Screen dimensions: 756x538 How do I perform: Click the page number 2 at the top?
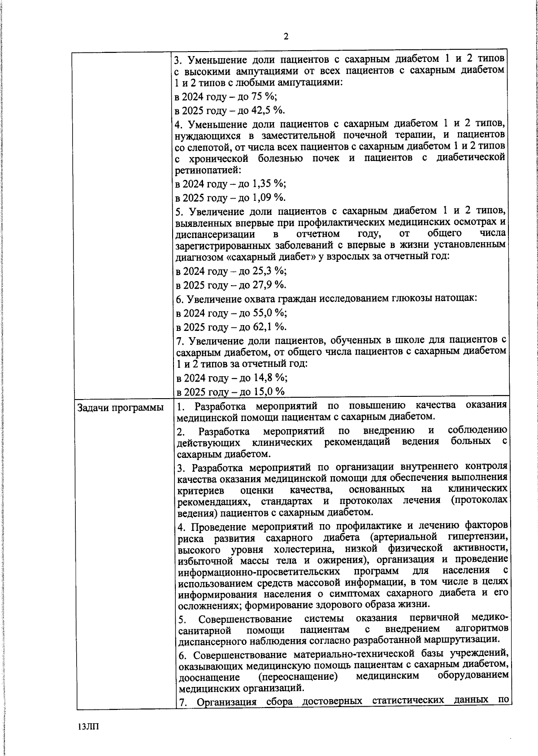tap(286, 37)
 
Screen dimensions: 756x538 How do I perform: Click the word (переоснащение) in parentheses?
tap(298, 676)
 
